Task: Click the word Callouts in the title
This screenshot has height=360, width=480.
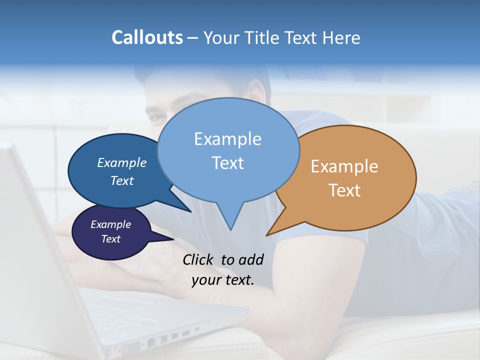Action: click(147, 37)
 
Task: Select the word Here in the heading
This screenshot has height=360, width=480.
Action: click(342, 37)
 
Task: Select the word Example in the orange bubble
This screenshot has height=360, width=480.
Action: click(344, 166)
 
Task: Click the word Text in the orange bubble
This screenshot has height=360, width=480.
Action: click(345, 190)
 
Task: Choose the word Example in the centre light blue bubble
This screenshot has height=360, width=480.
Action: click(227, 138)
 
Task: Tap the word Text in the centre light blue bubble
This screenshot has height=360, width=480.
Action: click(228, 163)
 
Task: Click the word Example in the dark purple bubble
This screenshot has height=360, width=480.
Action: click(111, 224)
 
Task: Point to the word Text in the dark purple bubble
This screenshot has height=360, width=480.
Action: click(111, 239)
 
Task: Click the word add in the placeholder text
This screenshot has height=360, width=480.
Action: click(251, 259)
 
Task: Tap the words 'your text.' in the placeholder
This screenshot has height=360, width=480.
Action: click(223, 280)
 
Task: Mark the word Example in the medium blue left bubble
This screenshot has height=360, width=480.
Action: click(122, 162)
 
